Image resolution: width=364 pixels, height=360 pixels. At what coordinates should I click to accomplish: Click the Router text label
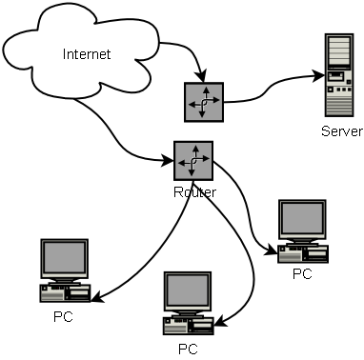[194, 191]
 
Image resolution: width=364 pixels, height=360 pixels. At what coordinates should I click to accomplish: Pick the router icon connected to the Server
[202, 100]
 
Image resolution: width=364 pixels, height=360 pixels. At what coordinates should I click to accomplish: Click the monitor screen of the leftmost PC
[65, 258]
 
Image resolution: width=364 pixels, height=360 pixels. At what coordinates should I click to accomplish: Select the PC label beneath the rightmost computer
[302, 274]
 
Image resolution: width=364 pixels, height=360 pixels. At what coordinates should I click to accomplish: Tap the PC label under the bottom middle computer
[188, 349]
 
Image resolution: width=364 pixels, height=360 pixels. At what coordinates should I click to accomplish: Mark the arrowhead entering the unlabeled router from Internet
[199, 78]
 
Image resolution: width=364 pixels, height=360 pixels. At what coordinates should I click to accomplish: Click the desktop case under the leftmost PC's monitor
[64, 290]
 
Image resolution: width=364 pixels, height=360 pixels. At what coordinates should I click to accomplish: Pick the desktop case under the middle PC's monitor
[187, 325]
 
